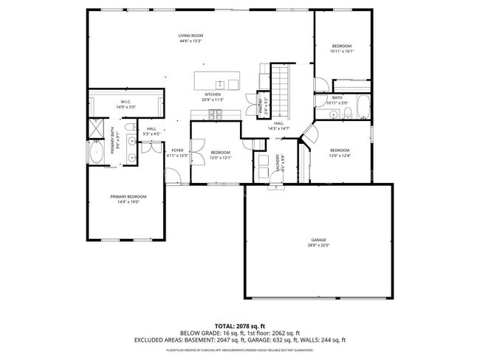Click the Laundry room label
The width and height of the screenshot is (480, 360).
278,162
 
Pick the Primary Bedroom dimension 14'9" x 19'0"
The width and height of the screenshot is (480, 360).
129,201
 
